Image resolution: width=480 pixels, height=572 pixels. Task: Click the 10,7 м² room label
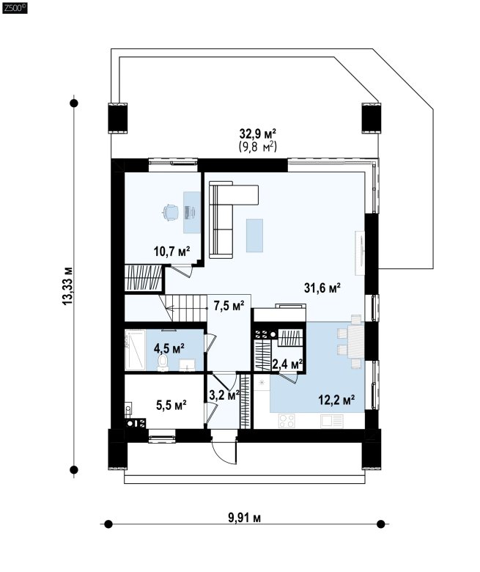click(172, 252)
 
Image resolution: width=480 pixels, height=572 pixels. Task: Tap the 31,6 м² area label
click(322, 288)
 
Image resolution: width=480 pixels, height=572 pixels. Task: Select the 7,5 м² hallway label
click(229, 306)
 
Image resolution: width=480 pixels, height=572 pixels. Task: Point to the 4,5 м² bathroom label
click(169, 348)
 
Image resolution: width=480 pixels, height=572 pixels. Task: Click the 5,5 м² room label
click(171, 405)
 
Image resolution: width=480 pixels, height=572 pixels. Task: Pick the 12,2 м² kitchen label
click(336, 400)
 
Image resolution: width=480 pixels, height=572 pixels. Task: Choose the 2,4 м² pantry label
click(287, 364)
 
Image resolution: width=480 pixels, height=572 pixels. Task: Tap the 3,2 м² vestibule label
click(224, 395)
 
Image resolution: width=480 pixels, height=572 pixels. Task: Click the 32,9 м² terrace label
click(258, 134)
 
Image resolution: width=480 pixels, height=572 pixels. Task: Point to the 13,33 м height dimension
click(68, 286)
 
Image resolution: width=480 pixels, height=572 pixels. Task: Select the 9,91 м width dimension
click(245, 518)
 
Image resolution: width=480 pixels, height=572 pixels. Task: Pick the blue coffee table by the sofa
click(254, 235)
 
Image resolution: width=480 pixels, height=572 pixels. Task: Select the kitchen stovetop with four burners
click(287, 420)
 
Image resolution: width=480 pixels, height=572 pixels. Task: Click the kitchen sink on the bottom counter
click(332, 421)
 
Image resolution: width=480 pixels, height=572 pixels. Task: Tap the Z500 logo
click(15, 8)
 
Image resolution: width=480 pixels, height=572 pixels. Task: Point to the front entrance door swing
click(222, 451)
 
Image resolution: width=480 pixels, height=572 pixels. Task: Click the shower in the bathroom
click(135, 350)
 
